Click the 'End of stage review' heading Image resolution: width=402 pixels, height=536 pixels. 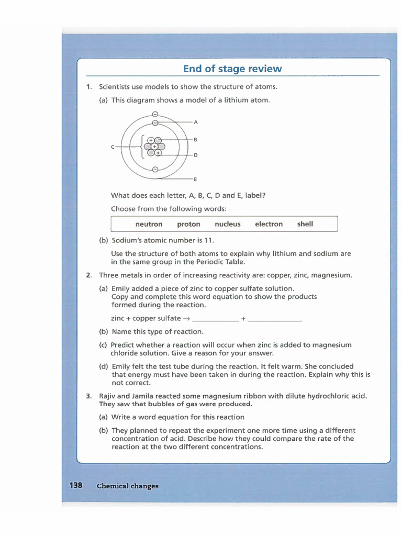pos(232,69)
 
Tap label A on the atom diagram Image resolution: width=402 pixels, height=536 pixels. pos(196,122)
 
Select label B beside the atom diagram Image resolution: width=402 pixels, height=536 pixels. pos(195,140)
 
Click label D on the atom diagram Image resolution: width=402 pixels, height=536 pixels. pos(195,155)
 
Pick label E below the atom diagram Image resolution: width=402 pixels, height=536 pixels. pos(195,180)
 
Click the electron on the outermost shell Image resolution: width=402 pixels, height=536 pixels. pos(155,115)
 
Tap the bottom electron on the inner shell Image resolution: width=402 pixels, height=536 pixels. pos(155,169)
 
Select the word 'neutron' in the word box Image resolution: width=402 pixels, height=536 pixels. pos(149,224)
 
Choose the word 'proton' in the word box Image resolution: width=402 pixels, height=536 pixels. pos(188,224)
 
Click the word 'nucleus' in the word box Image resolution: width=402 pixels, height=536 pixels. pos(228,224)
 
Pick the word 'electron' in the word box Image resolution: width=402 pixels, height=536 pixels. pos(269,224)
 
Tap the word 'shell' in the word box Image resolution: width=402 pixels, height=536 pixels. pos(305,224)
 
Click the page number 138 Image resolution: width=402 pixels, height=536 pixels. pos(76,485)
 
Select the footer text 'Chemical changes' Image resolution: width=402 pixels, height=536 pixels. pos(127,486)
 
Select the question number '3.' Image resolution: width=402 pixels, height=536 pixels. pos(89,396)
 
